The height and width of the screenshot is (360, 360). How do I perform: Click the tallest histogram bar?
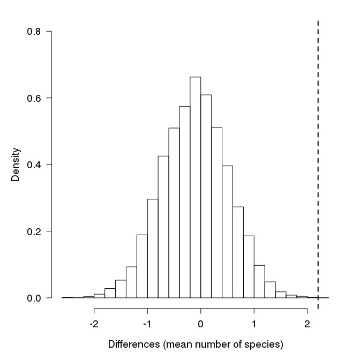click(196, 187)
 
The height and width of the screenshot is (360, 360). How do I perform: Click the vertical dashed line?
click(318, 161)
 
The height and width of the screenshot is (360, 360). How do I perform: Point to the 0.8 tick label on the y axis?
click(34, 32)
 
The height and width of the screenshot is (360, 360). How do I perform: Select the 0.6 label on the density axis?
click(34, 98)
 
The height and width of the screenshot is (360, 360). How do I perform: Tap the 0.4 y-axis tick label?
click(34, 164)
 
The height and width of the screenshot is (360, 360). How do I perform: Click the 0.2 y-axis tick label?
click(34, 231)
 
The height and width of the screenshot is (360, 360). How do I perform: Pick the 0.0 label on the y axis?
click(34, 298)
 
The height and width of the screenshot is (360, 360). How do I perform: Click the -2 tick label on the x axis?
click(94, 324)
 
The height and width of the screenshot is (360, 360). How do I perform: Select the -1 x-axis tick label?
click(147, 324)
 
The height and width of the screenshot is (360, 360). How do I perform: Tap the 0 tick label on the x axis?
click(200, 324)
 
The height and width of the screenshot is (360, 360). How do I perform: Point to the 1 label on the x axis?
click(253, 324)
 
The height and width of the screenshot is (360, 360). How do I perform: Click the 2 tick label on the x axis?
click(307, 324)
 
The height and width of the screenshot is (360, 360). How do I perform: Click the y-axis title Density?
click(16, 165)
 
